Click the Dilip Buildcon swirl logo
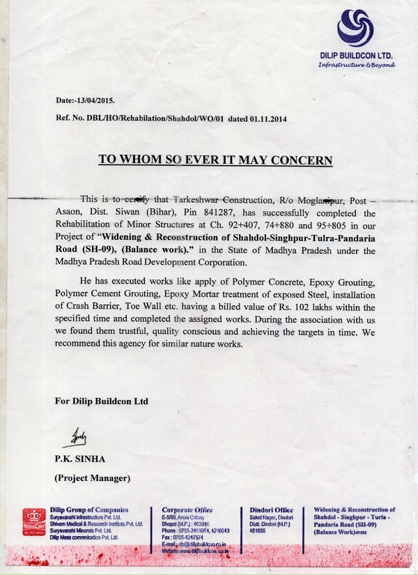[x=355, y=29]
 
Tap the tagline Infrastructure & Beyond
[x=356, y=65]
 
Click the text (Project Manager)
[x=92, y=478]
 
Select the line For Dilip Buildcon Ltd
[x=101, y=401]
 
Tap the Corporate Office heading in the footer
[x=187, y=510]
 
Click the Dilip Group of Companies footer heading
[x=89, y=510]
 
